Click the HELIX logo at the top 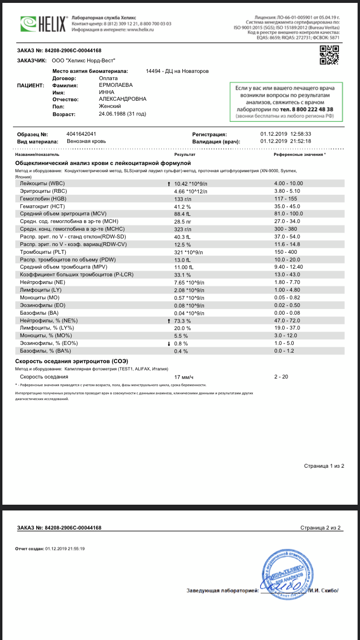(42, 23)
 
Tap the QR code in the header (330, 55)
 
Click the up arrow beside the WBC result (168, 183)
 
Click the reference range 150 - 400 (286, 252)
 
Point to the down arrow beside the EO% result (168, 343)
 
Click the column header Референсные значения (299, 155)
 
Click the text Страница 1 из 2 (324, 466)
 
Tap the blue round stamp (283, 576)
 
